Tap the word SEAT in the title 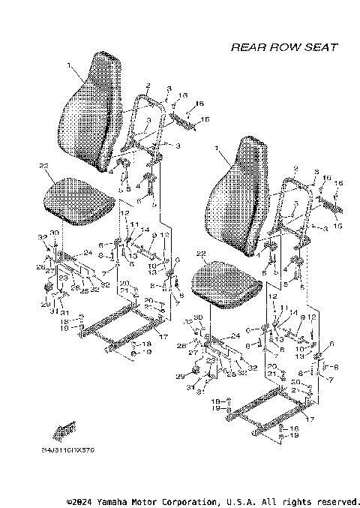click(x=321, y=47)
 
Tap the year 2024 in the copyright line click(x=76, y=501)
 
